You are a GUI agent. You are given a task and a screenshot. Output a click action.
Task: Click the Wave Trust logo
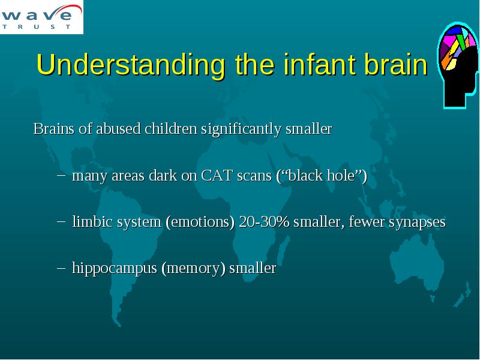pos(41,17)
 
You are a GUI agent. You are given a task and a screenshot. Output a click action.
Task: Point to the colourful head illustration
pos(457,65)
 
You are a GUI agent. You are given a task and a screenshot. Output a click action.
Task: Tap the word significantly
pos(241,129)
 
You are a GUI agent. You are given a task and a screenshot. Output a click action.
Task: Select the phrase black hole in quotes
pos(321,176)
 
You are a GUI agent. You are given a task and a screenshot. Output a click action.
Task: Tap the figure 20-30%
pos(264,221)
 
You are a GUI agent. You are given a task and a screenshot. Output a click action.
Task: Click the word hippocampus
pos(115,269)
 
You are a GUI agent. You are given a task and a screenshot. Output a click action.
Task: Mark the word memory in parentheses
pos(193,269)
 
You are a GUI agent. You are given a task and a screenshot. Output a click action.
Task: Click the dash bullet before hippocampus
pos(61,268)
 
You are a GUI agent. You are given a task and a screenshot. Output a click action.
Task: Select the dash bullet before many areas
pos(61,175)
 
